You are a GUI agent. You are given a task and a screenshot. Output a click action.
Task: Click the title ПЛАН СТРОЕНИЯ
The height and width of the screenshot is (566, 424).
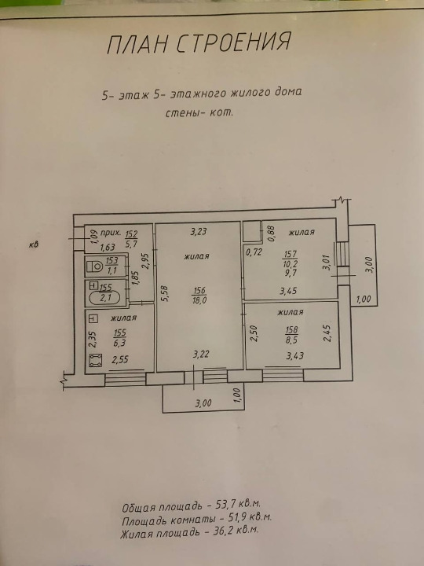(x=199, y=42)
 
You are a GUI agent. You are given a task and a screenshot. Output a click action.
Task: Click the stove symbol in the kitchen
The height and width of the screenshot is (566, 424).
(x=96, y=360)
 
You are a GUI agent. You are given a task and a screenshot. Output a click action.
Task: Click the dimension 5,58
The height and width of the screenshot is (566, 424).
(x=166, y=294)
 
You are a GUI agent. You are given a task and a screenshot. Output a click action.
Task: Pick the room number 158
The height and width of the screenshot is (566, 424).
(x=291, y=329)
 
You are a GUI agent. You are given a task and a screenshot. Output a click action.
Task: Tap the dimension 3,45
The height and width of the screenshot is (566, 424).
(x=288, y=290)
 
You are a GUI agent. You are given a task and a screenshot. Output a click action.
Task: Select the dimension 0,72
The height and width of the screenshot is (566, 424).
(x=254, y=252)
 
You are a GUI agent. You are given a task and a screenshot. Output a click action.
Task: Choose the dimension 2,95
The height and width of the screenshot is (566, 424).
(x=146, y=260)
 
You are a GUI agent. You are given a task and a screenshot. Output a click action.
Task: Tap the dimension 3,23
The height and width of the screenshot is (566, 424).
(x=199, y=231)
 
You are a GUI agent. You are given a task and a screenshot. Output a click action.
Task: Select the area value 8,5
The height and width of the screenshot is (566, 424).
(x=291, y=340)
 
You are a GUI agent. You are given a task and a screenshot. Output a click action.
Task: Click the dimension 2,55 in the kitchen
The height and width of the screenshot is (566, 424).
(x=120, y=359)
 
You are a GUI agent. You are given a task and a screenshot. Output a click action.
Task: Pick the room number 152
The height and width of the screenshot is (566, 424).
(x=132, y=234)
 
